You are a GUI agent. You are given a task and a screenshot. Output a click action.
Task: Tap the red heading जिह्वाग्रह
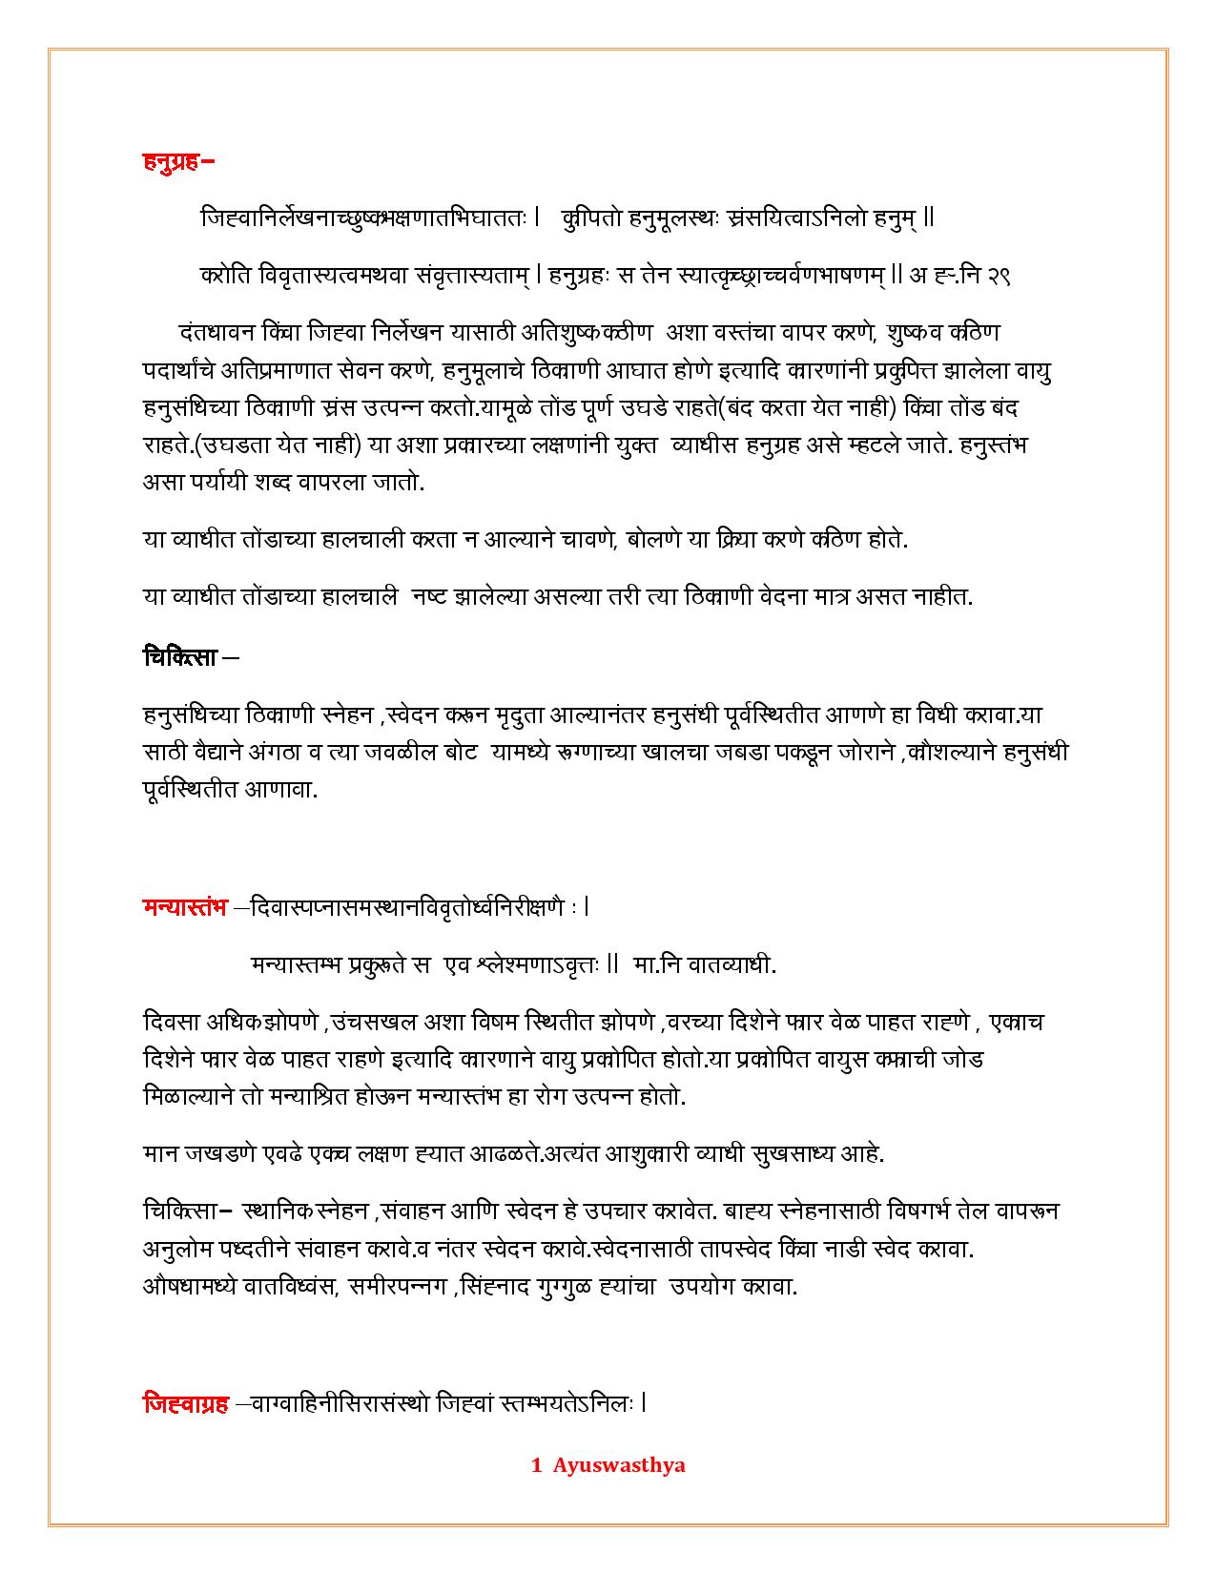tap(186, 1403)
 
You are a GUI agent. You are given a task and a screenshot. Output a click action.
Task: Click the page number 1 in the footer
tap(537, 1465)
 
